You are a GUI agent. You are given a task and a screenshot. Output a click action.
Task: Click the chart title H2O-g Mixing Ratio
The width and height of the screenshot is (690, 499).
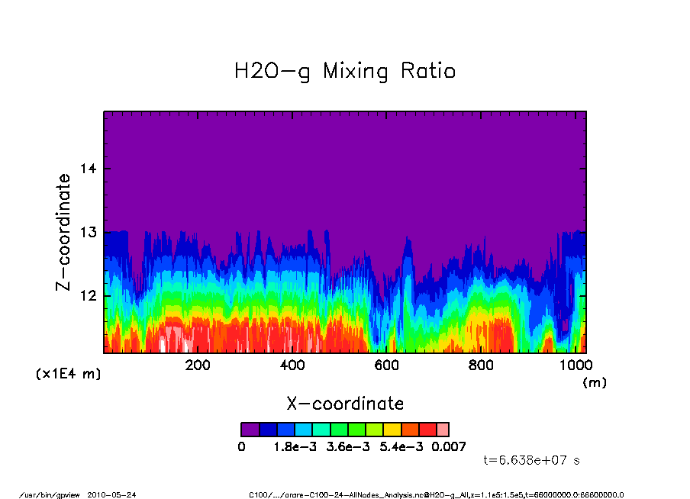tap(345, 72)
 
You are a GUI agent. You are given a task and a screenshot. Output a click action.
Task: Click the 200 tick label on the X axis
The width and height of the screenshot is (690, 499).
tap(198, 365)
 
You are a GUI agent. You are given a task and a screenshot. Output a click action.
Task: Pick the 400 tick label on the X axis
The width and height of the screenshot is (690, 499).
tap(292, 365)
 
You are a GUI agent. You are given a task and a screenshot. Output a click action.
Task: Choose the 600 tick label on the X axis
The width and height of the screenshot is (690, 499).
tap(387, 365)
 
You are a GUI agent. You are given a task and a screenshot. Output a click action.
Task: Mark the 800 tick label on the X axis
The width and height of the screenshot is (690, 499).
tap(482, 365)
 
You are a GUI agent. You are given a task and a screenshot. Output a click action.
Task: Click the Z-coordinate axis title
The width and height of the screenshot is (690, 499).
tap(64, 232)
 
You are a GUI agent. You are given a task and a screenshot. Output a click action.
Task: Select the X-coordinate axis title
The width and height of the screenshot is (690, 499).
tap(345, 404)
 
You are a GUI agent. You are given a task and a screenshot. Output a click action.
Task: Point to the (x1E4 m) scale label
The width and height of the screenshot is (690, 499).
tap(68, 375)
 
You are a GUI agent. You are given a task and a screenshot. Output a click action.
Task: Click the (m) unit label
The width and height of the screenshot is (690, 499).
tap(595, 383)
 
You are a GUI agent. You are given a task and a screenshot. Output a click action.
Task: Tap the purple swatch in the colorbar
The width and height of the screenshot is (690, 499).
tap(250, 430)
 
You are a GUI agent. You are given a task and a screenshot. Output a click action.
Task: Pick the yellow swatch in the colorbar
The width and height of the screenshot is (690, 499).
tap(392, 430)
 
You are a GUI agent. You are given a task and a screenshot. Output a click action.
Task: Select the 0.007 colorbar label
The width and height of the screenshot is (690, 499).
tap(449, 446)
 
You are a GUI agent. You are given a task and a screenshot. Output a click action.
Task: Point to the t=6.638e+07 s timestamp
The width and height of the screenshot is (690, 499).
tap(532, 460)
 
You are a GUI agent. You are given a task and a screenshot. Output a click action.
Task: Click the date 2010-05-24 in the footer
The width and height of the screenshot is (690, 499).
tap(117, 494)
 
